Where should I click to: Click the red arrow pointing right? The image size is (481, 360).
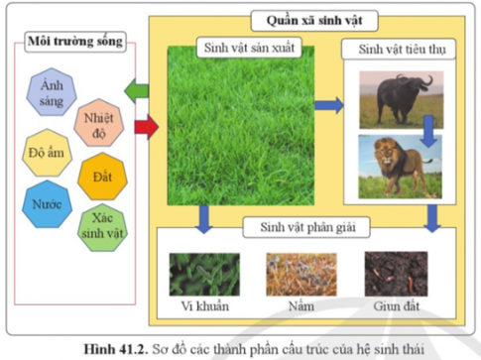click(x=145, y=125)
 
